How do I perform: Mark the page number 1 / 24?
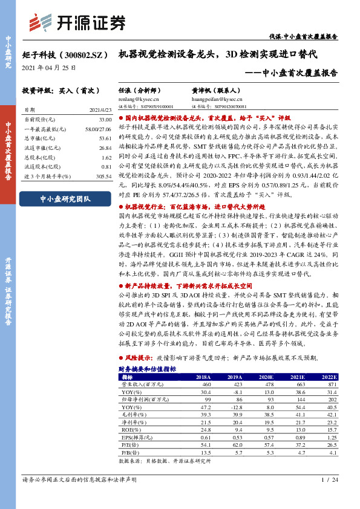[326, 496]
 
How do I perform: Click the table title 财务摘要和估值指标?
[148, 368]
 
